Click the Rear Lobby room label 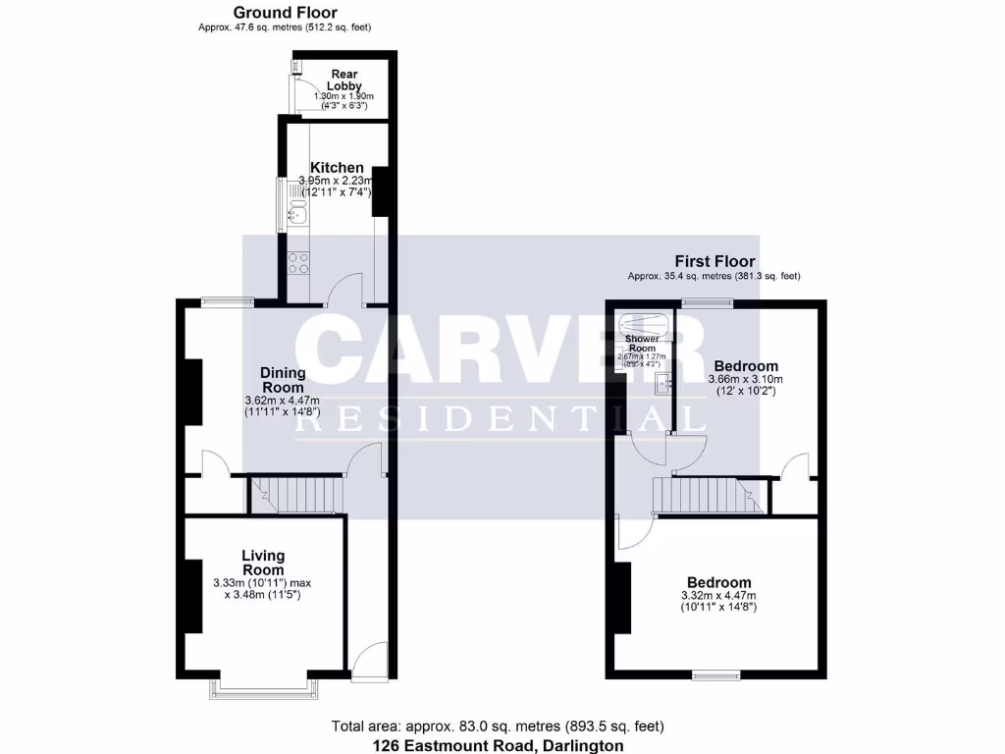tap(344, 80)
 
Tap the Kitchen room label tap(337, 168)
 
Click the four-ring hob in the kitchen tap(297, 262)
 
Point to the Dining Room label tap(283, 380)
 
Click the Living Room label tap(263, 563)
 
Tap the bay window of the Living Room tap(265, 687)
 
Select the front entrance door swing tap(368, 661)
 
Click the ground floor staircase tap(296, 495)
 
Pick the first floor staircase tap(707, 495)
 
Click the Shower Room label tap(643, 344)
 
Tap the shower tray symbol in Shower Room tap(643, 323)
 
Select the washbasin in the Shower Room tap(660, 383)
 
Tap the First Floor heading tap(714, 261)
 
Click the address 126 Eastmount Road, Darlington tap(498, 746)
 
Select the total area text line tap(498, 727)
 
